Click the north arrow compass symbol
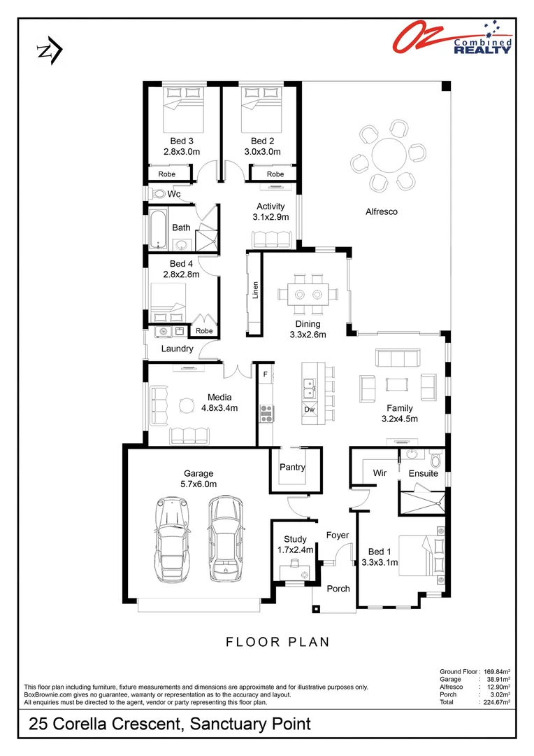click(x=49, y=51)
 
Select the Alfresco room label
click(x=382, y=211)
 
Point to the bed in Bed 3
click(x=185, y=108)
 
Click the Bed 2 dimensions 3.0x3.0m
click(x=262, y=151)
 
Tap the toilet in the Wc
click(x=159, y=193)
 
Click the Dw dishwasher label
click(x=309, y=409)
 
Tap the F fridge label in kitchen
click(x=265, y=374)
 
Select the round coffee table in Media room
click(x=186, y=406)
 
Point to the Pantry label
click(x=292, y=467)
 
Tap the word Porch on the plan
click(x=339, y=589)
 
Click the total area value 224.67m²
click(x=496, y=702)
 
